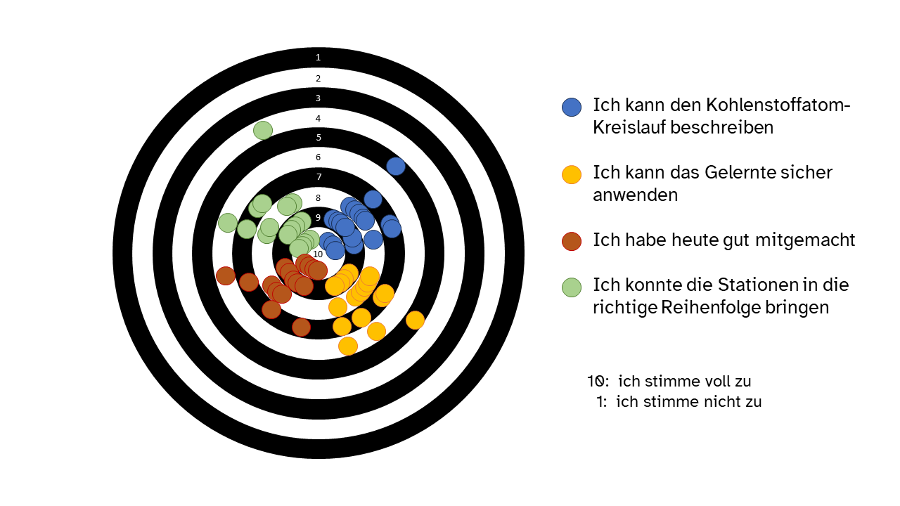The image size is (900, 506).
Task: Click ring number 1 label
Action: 319,58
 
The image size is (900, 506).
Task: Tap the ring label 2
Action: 319,78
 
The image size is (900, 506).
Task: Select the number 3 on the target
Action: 319,98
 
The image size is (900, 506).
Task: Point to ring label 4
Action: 319,119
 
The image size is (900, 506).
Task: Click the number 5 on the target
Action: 319,137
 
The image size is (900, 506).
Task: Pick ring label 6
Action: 319,157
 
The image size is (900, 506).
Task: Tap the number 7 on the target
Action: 319,176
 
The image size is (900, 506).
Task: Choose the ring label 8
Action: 319,197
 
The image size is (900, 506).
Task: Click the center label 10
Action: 318,254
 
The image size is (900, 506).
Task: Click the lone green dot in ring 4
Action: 263,131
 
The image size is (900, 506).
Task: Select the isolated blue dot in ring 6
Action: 396,166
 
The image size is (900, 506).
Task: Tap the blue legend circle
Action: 572,108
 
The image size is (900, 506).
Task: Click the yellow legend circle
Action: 572,175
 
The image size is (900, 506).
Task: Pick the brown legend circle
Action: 572,241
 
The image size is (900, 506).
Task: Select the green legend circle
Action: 572,287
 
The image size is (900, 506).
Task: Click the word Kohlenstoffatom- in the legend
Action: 778,105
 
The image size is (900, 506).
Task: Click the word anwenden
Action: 635,195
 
